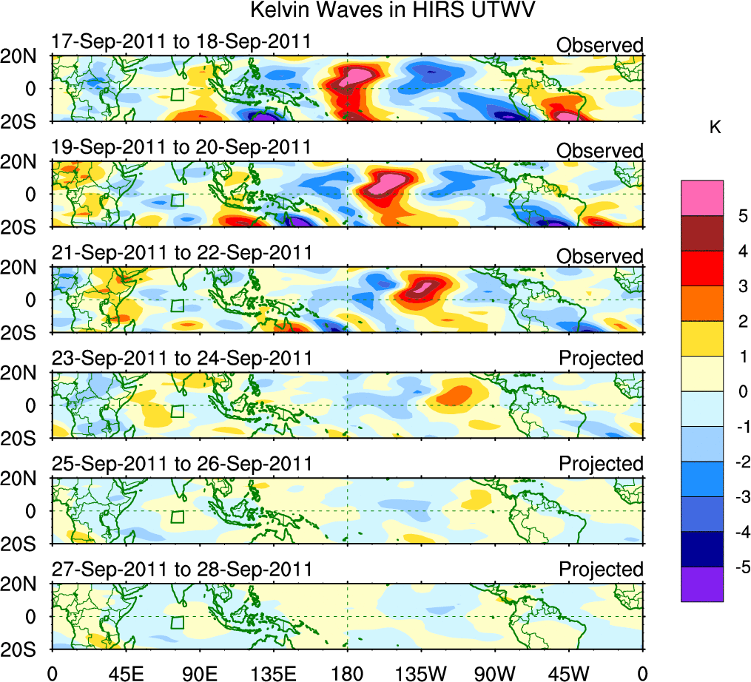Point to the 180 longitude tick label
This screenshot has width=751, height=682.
(348, 673)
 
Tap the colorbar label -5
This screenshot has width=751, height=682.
(740, 567)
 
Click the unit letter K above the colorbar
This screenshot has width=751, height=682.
(715, 127)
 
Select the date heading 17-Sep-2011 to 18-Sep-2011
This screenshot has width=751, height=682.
(181, 41)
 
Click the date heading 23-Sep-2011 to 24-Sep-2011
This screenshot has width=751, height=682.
(181, 359)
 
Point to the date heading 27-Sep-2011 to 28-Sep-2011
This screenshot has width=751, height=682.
(181, 570)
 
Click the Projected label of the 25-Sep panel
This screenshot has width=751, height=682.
(601, 464)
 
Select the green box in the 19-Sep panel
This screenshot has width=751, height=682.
(176, 200)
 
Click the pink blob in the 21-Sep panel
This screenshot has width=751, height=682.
(423, 286)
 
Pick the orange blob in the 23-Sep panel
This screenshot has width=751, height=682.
(454, 394)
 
